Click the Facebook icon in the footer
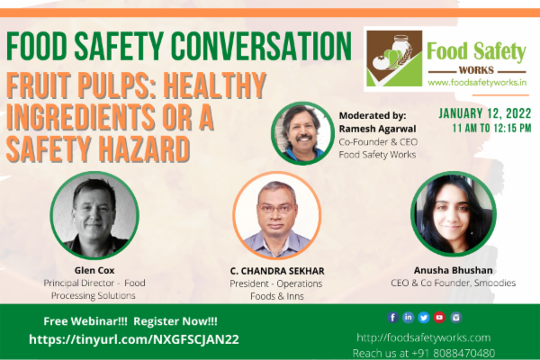(393, 317)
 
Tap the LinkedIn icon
(409, 317)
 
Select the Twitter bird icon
(424, 317)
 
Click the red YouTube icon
(439, 317)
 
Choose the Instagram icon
(455, 317)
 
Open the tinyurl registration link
(135, 339)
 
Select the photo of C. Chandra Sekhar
(277, 217)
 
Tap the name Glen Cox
(94, 269)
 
